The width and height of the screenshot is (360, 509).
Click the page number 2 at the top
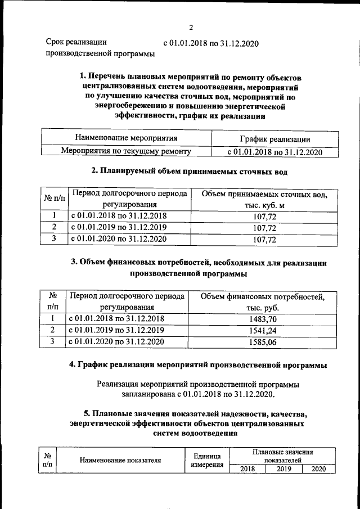[191, 28]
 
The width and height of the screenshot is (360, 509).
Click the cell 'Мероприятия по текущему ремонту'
[126, 151]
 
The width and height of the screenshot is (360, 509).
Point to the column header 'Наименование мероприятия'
[126, 138]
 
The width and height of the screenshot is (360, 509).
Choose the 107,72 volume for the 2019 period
[264, 228]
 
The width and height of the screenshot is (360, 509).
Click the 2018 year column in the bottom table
[244, 469]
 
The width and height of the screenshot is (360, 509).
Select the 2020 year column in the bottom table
[318, 469]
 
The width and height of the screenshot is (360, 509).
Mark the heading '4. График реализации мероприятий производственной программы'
[198, 366]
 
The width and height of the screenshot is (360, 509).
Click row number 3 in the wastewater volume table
[53, 239]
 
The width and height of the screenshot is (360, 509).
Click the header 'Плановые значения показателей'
[283, 456]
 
